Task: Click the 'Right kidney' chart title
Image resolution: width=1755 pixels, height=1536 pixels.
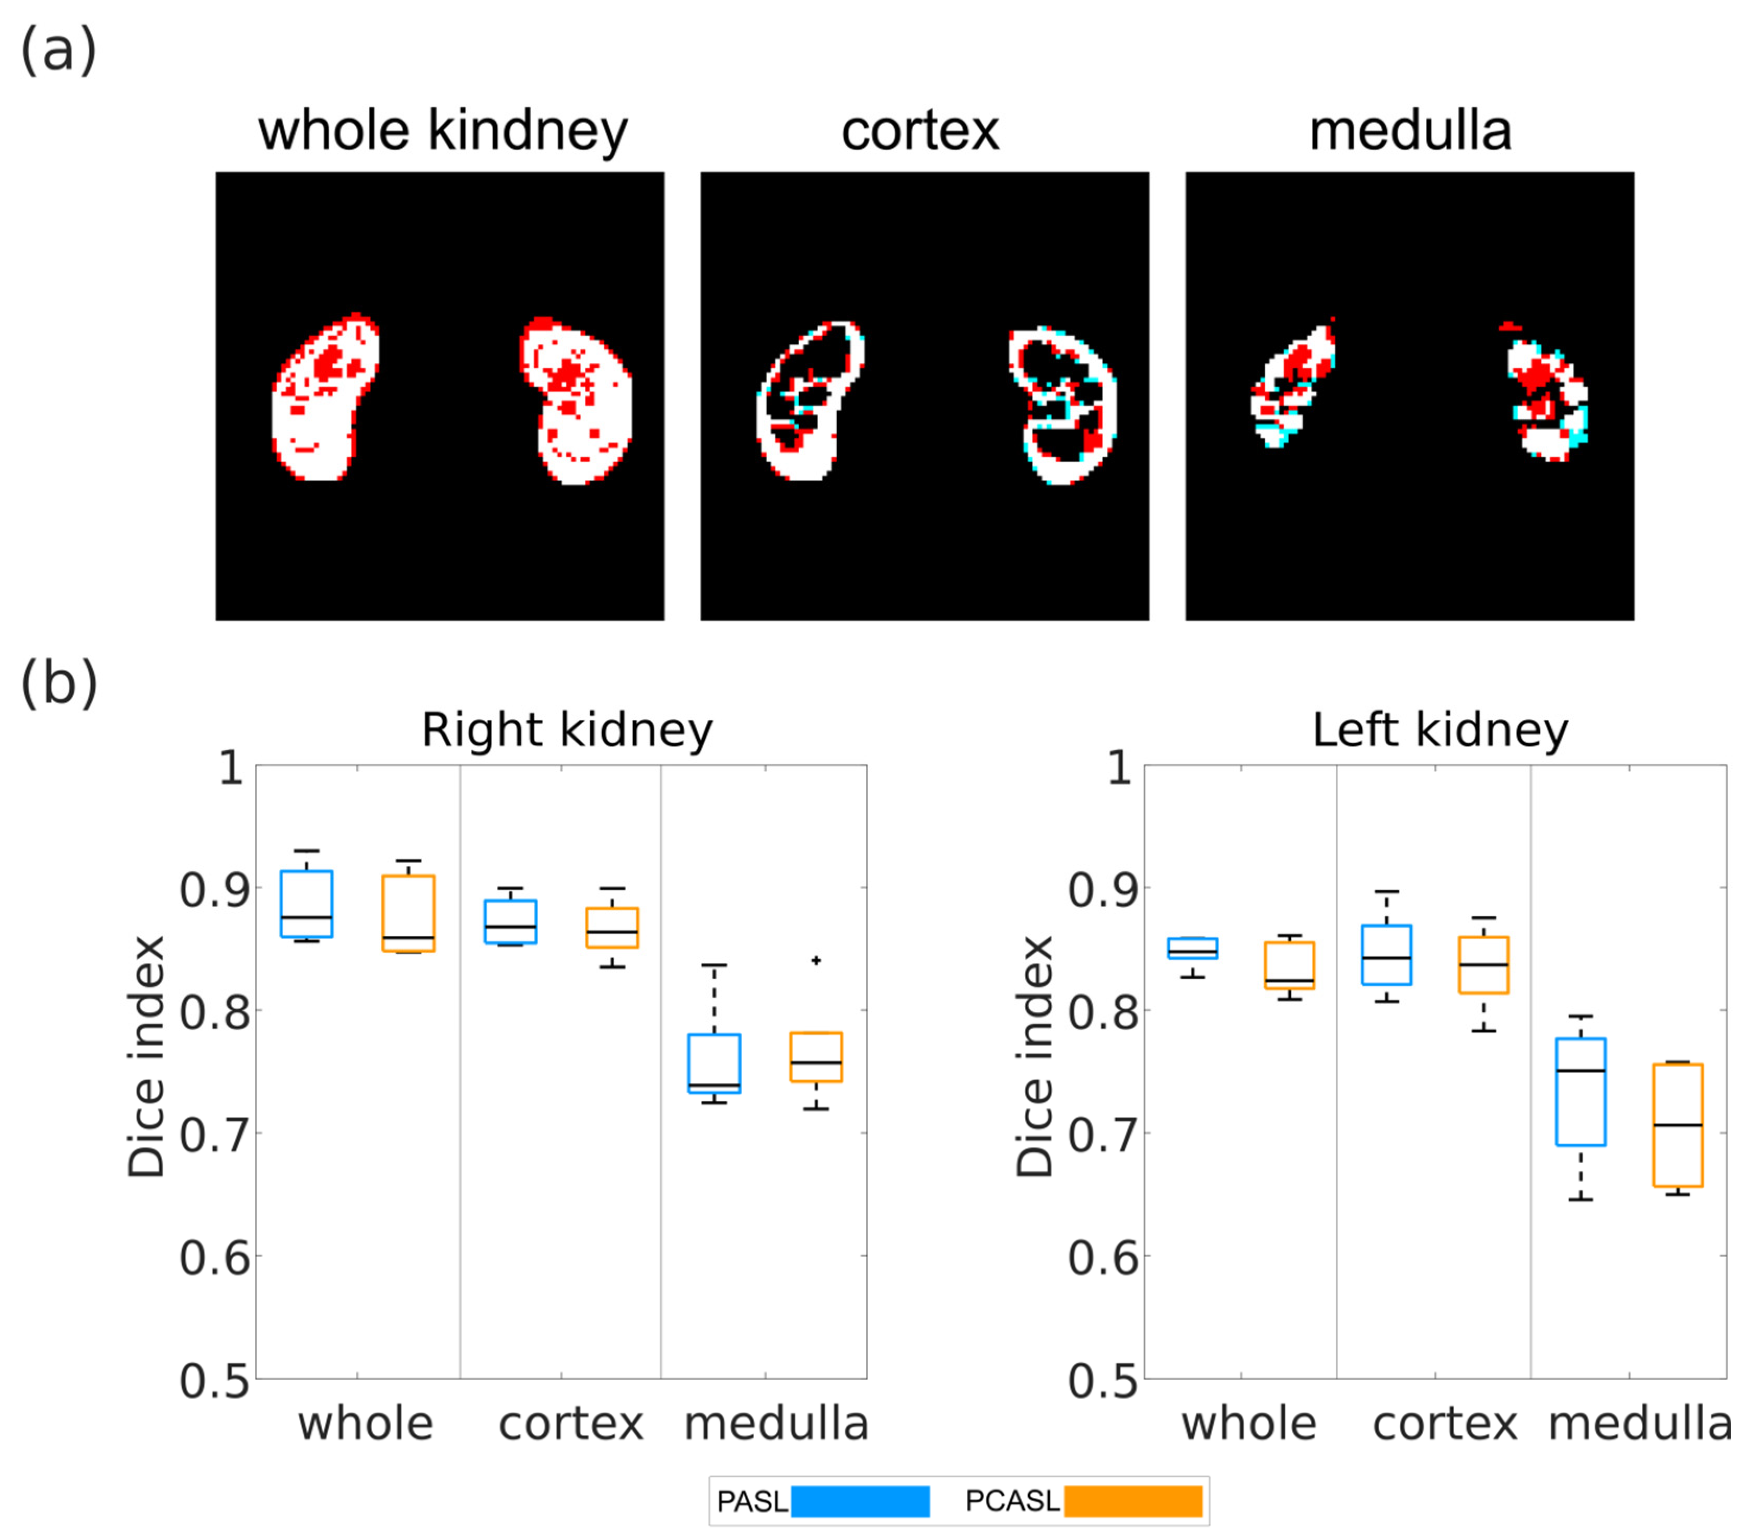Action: pyautogui.click(x=567, y=730)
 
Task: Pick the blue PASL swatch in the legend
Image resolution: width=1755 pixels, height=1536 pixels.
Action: pyautogui.click(x=859, y=1502)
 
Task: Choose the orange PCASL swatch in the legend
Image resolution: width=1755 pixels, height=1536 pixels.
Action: pyautogui.click(x=1132, y=1502)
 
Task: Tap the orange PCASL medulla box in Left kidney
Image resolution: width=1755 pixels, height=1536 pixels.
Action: pyautogui.click(x=1677, y=1125)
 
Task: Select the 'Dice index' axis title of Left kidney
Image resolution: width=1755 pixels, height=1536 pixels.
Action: pyautogui.click(x=1034, y=1056)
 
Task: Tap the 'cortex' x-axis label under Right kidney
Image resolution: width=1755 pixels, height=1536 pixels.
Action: pyautogui.click(x=571, y=1424)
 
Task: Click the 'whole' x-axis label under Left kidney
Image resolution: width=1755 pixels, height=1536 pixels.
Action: pyautogui.click(x=1248, y=1424)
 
